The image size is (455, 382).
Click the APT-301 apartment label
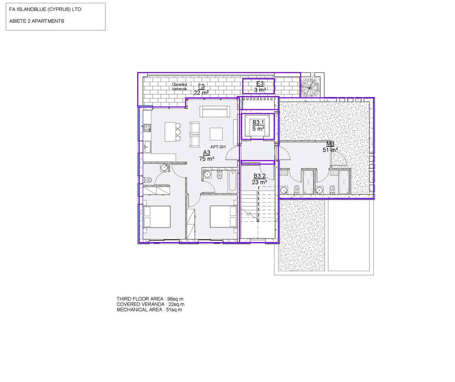coord(218,147)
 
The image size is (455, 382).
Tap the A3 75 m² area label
coord(207,156)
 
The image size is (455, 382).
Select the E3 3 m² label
coord(260,86)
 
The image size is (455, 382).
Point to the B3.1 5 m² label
coord(258,125)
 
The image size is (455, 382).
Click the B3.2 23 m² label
coord(259,179)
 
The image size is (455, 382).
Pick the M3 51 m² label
coord(330,147)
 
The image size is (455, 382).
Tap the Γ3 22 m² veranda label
coord(201,89)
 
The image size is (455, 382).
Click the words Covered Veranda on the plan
coord(180,86)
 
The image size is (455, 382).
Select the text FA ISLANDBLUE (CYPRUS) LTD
coord(45,9)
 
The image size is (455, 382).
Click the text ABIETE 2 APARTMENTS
coord(37,21)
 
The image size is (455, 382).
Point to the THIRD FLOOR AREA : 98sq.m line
coord(150,299)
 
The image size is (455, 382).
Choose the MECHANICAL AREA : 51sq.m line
coord(149,310)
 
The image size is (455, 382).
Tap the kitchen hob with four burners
coord(147,128)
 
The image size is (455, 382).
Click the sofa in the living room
coord(215,111)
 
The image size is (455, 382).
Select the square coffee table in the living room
coord(216,134)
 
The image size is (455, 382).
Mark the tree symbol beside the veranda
coord(309,88)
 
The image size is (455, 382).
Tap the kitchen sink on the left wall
coord(147,147)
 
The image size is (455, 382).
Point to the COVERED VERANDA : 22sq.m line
coord(150,304)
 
